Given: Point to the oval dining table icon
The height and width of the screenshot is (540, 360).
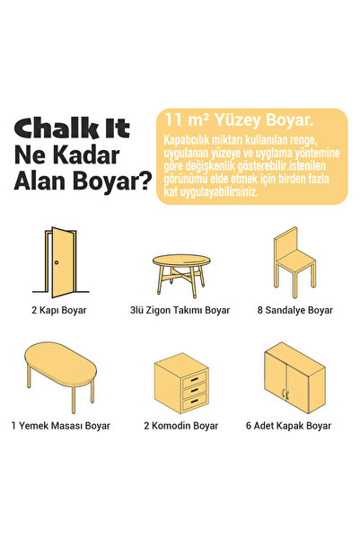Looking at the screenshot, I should (58, 371).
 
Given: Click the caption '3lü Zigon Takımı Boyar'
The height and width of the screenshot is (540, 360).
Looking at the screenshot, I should (180, 310).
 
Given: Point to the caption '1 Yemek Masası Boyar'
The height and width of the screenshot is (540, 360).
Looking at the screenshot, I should (61, 425).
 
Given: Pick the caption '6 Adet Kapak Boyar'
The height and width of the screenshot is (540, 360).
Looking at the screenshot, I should (294, 425).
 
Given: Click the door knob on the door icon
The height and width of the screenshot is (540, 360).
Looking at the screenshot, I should (56, 262).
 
